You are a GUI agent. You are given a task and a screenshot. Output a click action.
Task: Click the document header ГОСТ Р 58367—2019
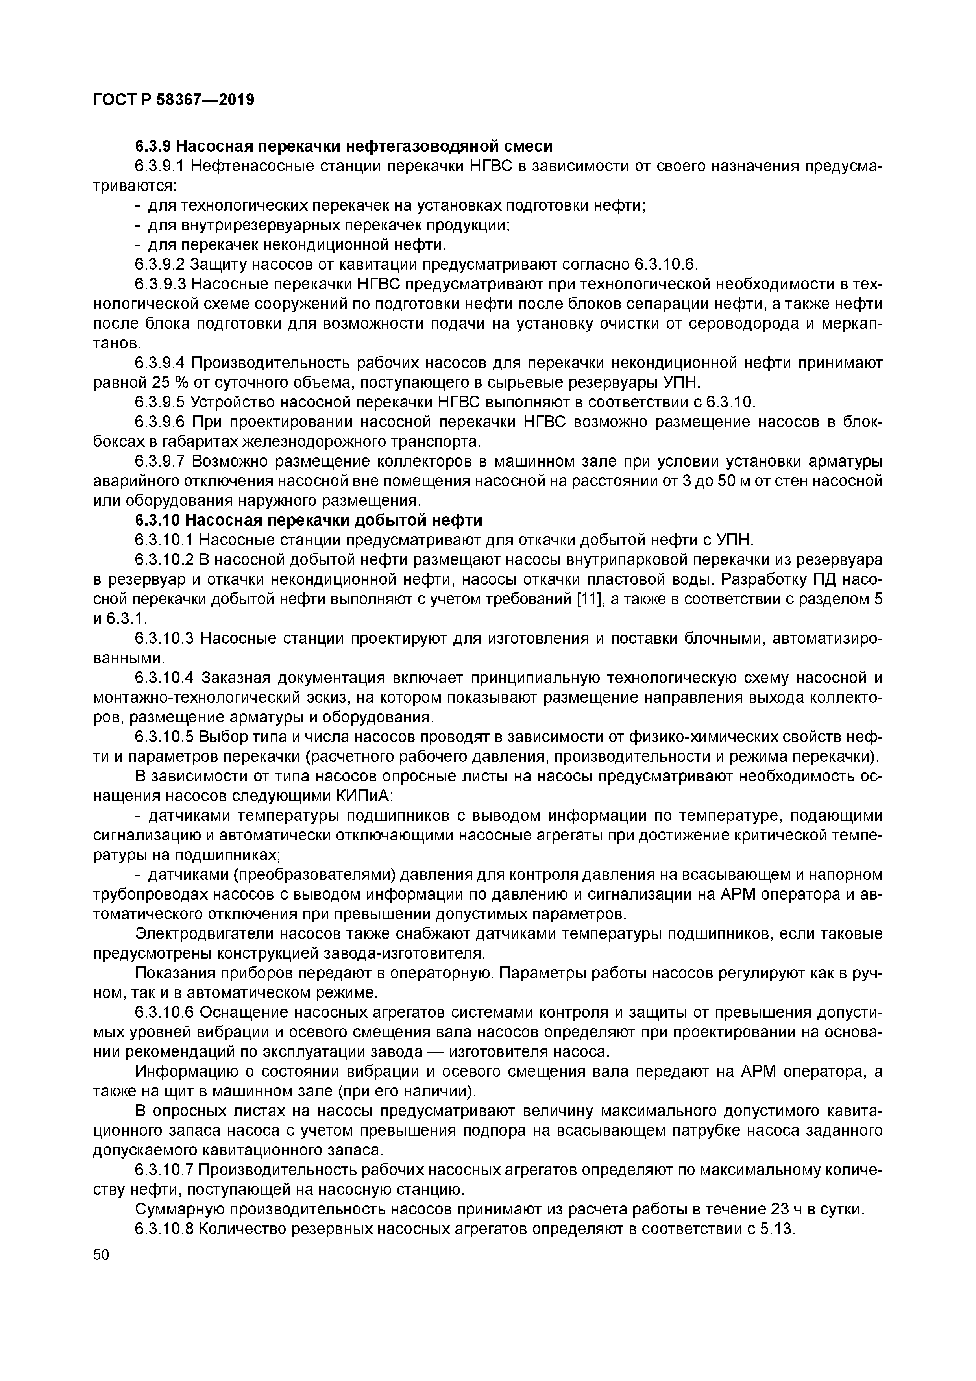(174, 100)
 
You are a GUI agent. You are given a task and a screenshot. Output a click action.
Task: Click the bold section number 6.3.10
(157, 520)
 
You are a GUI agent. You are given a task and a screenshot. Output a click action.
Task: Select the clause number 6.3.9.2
(160, 265)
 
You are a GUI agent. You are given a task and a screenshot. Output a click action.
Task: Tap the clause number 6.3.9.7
(160, 461)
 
